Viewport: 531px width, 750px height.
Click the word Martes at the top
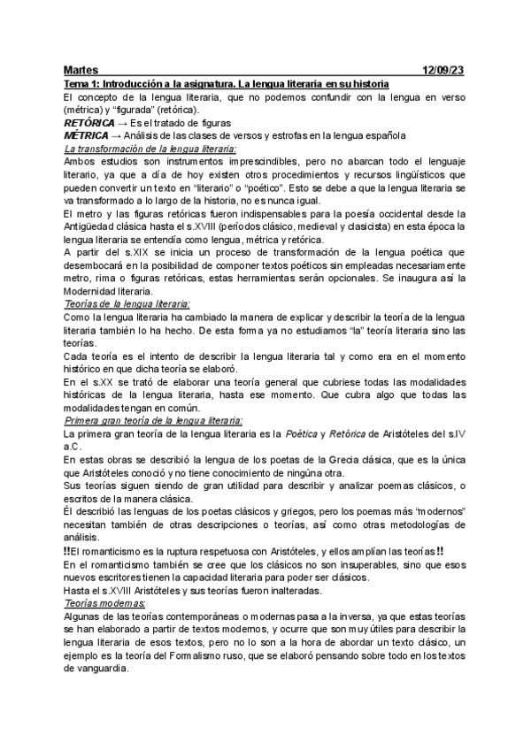tap(81, 70)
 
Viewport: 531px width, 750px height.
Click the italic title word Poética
tap(301, 435)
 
